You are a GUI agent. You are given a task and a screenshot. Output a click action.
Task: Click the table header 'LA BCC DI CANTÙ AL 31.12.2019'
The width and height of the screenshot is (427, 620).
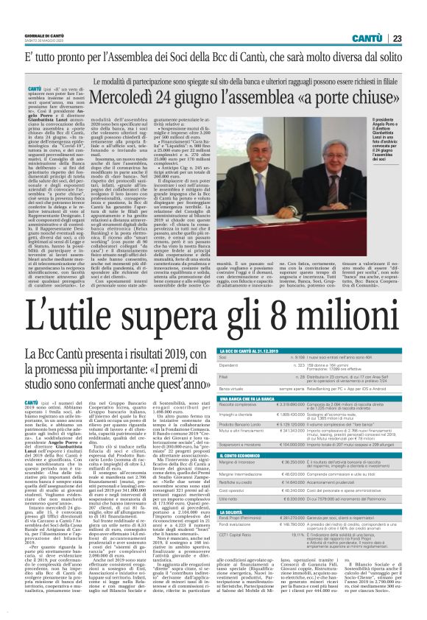pyautogui.click(x=255, y=353)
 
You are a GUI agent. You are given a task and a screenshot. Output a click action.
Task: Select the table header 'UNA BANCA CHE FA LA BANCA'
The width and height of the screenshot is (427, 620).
pyautogui.click(x=247, y=398)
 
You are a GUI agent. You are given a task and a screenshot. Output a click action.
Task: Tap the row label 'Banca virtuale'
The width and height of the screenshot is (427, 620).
pyautogui.click(x=233, y=388)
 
